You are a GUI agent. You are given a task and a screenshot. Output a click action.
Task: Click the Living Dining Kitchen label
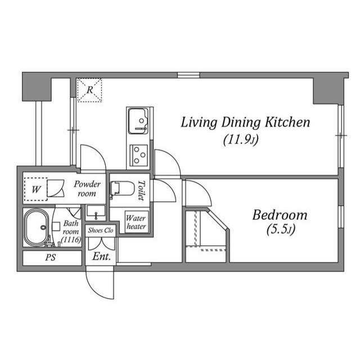(x=245, y=123)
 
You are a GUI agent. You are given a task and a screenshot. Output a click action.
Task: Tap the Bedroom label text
(x=280, y=214)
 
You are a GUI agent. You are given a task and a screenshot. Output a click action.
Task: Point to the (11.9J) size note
(x=240, y=139)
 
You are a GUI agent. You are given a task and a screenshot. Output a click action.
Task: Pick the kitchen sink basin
(x=137, y=119)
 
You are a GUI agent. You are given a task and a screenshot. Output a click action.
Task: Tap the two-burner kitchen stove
(x=138, y=154)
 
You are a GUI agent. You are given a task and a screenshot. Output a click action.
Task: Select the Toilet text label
(x=141, y=191)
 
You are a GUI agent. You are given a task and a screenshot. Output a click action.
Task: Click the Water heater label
(x=136, y=222)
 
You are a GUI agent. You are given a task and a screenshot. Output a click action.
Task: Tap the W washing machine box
(x=36, y=190)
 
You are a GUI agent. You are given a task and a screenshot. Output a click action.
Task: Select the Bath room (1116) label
(x=71, y=231)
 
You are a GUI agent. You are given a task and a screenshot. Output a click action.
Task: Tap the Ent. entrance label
(x=102, y=256)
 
